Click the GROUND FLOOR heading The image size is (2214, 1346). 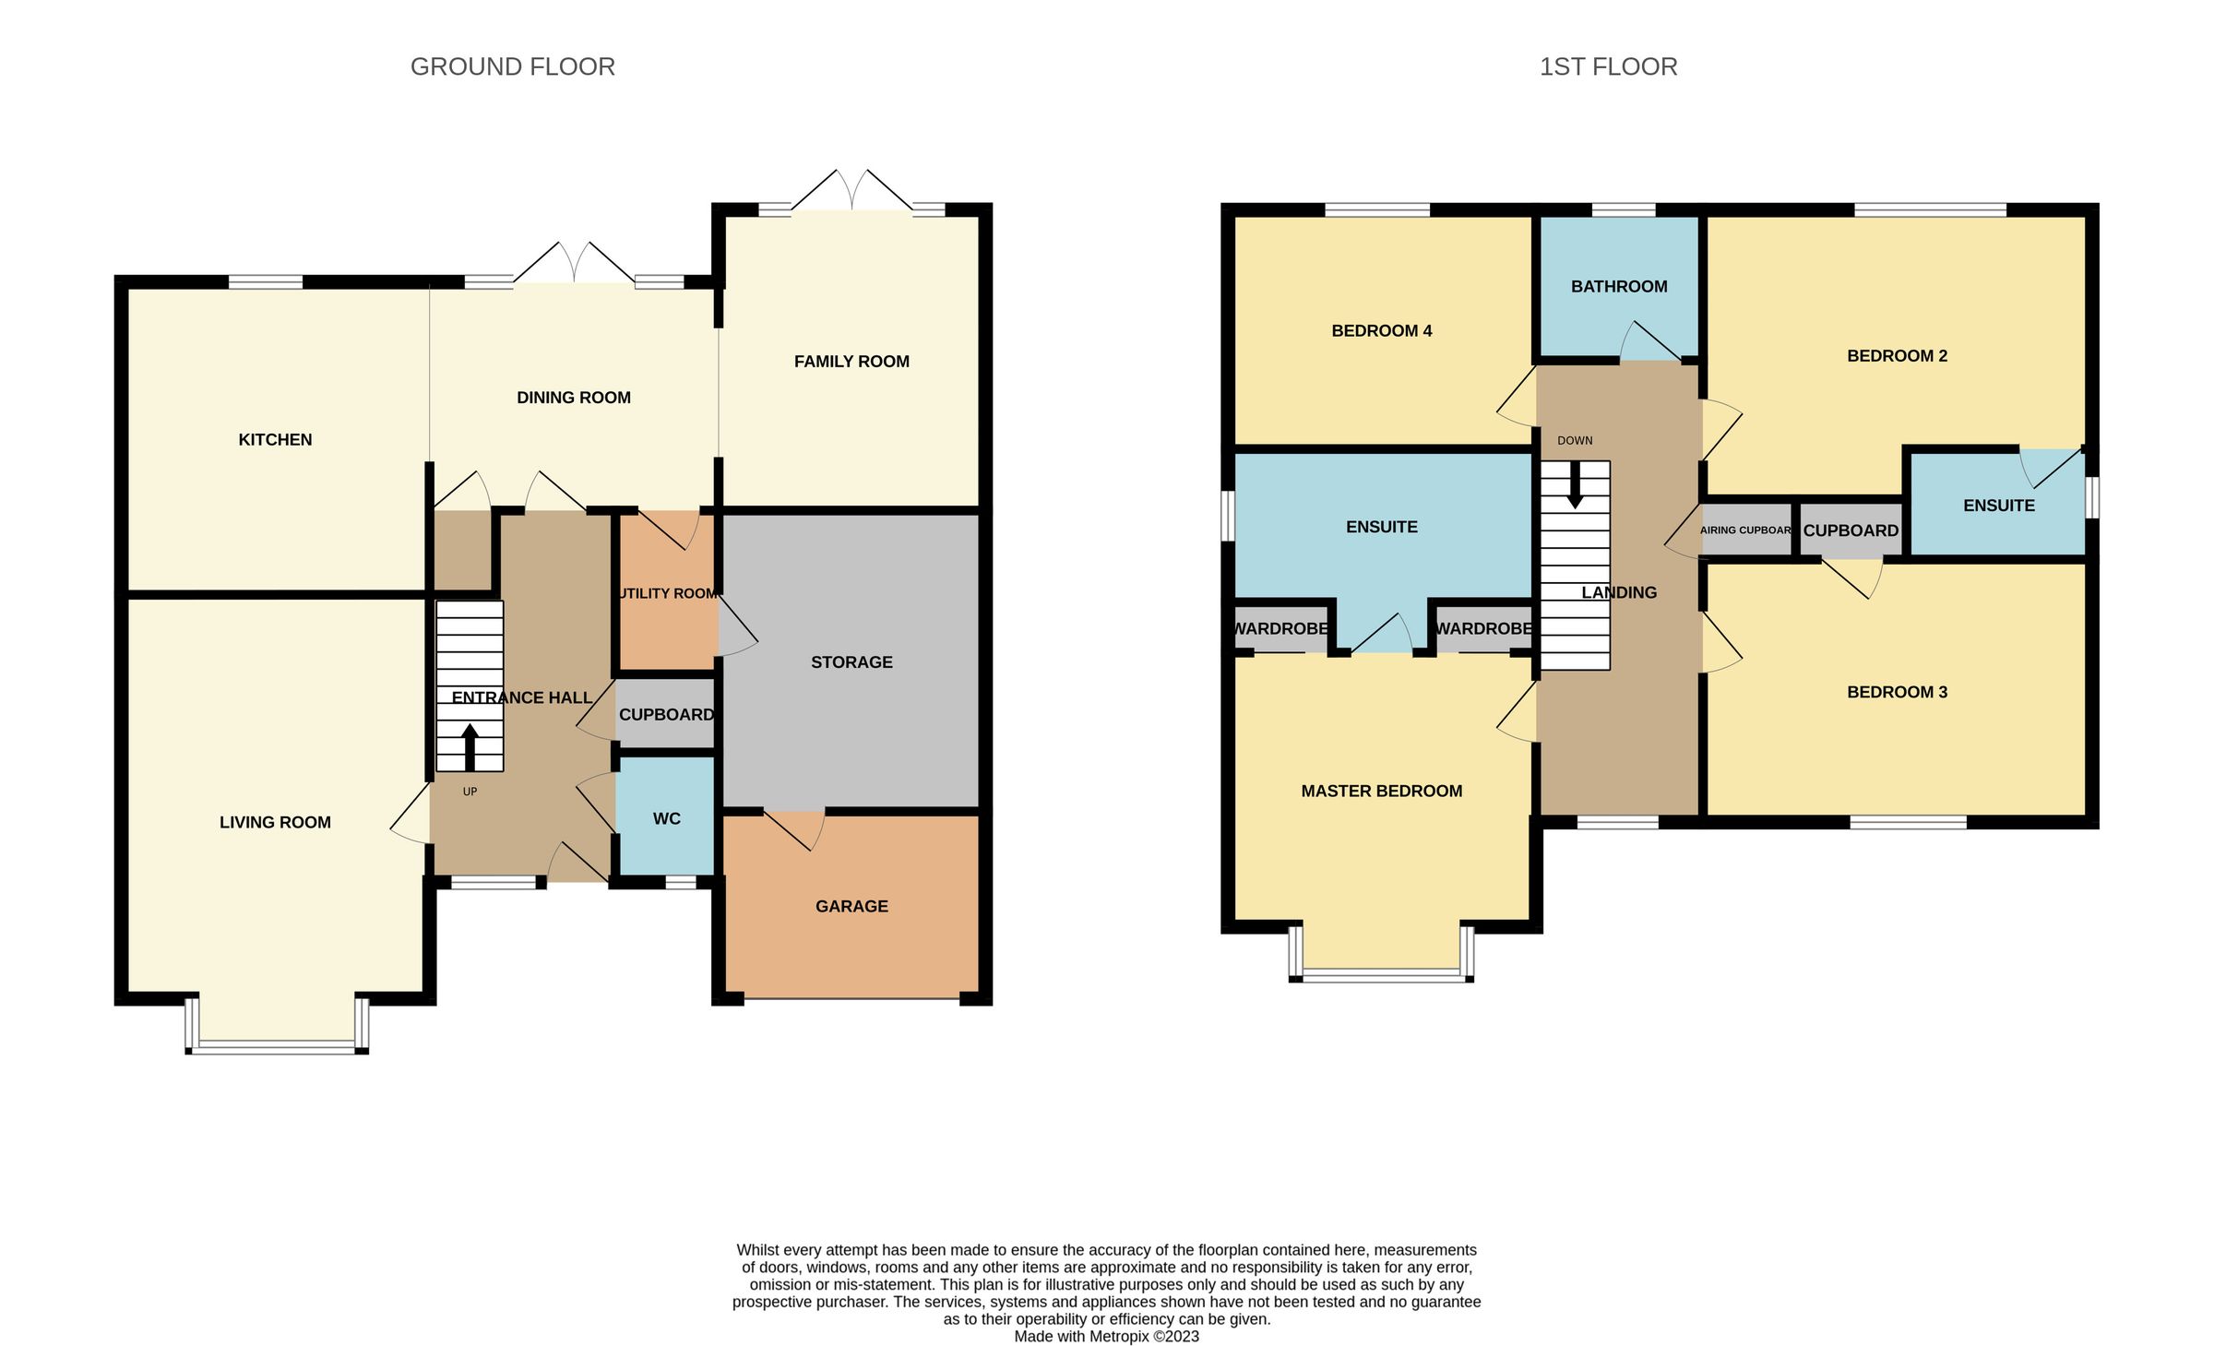click(512, 66)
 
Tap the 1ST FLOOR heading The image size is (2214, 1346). click(1608, 66)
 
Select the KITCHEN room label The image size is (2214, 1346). click(275, 440)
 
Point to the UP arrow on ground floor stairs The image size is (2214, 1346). click(470, 746)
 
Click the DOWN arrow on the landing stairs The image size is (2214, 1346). click(1575, 484)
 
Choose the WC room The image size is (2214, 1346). click(666, 818)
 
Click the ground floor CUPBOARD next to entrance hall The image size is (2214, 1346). click(666, 715)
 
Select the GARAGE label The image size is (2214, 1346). click(851, 907)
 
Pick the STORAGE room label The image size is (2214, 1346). click(851, 662)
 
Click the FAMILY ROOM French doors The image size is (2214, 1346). click(852, 192)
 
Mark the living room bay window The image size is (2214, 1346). click(277, 1046)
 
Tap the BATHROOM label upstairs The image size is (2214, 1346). click(1619, 287)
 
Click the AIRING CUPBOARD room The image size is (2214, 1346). click(1745, 530)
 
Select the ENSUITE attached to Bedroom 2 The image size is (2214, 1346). click(1998, 506)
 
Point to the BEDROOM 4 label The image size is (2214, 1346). click(1381, 331)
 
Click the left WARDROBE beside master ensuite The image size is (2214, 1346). click(1280, 629)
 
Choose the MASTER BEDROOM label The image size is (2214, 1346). click(1381, 792)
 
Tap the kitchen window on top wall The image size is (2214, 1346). click(266, 281)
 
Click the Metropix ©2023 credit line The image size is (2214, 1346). click(1106, 1336)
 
